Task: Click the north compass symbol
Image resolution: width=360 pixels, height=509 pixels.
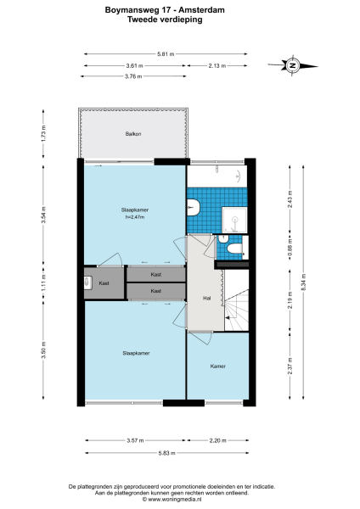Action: (x=292, y=64)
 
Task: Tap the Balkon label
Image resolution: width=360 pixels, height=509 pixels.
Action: (x=132, y=134)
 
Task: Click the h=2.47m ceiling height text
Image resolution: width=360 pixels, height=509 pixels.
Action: (x=133, y=216)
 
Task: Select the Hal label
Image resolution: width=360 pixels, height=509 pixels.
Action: (x=206, y=298)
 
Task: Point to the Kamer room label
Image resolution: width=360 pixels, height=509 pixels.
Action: (x=218, y=366)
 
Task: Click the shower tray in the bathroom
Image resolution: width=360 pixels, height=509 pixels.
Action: (x=234, y=218)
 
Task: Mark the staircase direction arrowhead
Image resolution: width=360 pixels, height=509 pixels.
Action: (x=229, y=319)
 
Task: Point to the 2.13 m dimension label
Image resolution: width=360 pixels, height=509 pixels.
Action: (x=216, y=65)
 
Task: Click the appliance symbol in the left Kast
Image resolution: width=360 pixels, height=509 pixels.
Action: (x=87, y=283)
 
